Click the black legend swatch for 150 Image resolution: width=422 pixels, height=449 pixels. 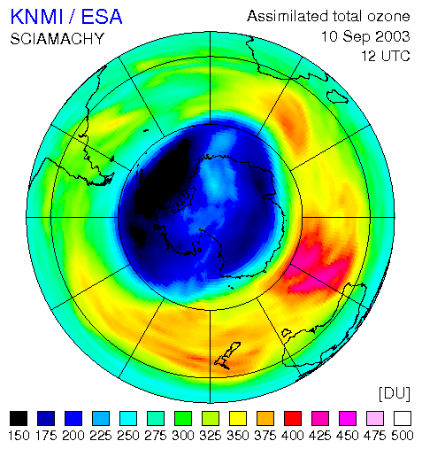(19, 418)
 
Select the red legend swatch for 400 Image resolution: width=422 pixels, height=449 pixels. (293, 418)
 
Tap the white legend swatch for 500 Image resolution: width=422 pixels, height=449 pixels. (403, 418)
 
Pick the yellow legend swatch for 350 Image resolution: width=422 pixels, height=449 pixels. (238, 418)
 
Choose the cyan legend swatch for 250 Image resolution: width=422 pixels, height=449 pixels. (128, 418)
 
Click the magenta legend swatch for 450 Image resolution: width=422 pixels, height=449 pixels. (348, 418)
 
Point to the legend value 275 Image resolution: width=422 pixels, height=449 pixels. (156, 436)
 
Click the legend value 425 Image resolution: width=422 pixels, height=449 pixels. (320, 436)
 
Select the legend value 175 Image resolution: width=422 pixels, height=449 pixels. (46, 436)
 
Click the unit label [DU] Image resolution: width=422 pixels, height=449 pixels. (395, 394)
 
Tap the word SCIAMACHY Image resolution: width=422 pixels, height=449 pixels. (58, 39)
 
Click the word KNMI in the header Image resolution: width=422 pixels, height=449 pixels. (37, 17)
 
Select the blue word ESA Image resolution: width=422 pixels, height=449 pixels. (102, 17)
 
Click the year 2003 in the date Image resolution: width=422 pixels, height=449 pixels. (393, 36)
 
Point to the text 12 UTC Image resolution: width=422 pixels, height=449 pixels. (386, 56)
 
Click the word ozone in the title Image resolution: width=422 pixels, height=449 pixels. (388, 17)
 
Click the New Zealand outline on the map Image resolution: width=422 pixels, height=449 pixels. (227, 356)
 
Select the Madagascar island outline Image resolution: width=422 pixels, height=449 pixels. (337, 97)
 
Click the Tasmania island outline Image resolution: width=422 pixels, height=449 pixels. (286, 333)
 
